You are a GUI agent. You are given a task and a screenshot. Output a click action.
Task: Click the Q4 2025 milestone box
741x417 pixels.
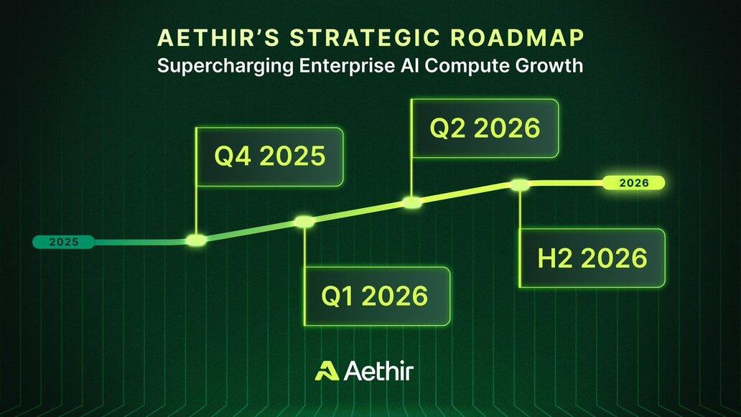[270, 156]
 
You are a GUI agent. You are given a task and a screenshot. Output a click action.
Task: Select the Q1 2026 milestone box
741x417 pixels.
[377, 296]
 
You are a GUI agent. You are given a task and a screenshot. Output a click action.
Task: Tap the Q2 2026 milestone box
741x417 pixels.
[485, 128]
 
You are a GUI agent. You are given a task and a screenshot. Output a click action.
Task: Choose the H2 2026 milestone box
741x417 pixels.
[592, 258]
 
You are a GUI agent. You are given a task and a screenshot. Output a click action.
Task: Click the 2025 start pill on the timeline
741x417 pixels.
[63, 242]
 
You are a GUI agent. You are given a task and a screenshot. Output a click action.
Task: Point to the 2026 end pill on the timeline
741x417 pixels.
[634, 183]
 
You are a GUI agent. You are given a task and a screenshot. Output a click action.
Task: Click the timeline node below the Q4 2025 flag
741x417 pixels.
[196, 240]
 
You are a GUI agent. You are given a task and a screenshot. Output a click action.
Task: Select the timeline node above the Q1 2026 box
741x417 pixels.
[304, 222]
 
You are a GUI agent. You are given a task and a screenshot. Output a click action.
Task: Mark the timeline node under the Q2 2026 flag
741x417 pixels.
[412, 202]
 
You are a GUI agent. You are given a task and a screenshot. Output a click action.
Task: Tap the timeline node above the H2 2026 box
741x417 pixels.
[519, 184]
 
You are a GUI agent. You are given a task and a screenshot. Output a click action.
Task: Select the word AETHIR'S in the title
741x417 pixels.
[218, 38]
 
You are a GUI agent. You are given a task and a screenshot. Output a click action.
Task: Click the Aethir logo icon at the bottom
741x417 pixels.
[327, 371]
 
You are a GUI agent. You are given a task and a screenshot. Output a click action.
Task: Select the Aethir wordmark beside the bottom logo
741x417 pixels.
[379, 371]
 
